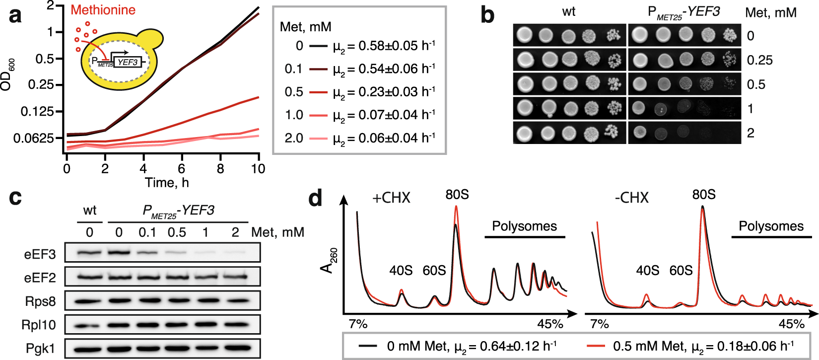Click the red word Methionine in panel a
point(103,10)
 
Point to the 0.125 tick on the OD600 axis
point(37,111)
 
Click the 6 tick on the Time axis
point(182,169)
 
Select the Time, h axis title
point(167,183)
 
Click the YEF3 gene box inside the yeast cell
point(128,62)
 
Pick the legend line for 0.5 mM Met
point(319,92)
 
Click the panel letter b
point(487,15)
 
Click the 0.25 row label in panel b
point(759,60)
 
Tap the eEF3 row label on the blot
point(40,255)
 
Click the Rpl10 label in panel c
point(38,325)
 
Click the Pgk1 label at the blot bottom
point(40,349)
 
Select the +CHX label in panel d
point(391,198)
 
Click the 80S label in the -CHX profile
point(703,195)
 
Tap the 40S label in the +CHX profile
point(401,271)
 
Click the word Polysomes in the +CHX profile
point(524,226)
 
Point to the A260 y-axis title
point(328,261)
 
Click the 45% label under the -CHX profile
point(791,324)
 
